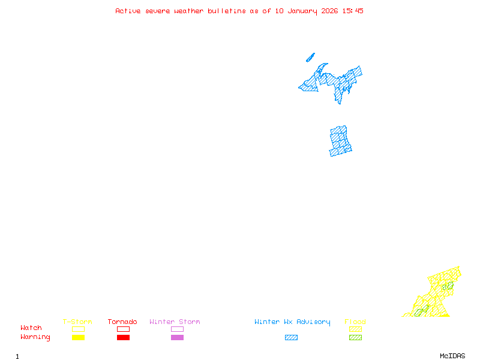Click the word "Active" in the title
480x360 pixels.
[x=128, y=11]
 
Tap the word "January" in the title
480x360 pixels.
[x=302, y=11]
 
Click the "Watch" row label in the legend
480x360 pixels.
[x=31, y=328]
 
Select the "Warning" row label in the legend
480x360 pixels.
[x=35, y=337]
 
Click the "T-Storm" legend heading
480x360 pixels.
[x=77, y=322]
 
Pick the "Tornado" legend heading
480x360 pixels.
[x=122, y=322]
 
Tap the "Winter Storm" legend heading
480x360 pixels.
[x=175, y=322]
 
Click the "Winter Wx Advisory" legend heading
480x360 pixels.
[x=292, y=322]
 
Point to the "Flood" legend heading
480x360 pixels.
[x=355, y=322]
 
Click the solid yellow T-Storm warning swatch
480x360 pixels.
[x=78, y=338]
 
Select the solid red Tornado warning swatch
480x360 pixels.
[x=123, y=338]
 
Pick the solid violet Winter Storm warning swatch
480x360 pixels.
[x=177, y=338]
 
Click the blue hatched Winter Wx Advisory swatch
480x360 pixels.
[x=291, y=338]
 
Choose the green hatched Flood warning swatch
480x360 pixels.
[x=355, y=338]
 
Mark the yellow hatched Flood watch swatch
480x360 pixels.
[x=355, y=329]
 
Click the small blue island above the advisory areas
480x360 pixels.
[x=310, y=58]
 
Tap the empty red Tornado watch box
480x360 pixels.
[x=123, y=329]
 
